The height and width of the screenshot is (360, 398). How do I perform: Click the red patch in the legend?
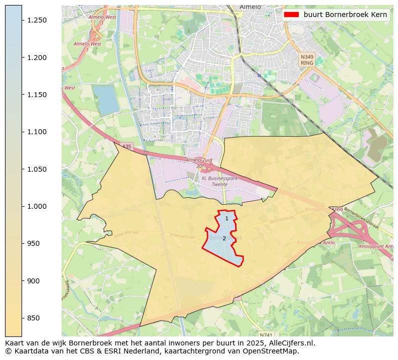(291, 15)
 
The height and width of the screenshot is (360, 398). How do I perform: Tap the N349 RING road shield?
(307, 60)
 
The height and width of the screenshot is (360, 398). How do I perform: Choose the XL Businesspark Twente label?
(217, 181)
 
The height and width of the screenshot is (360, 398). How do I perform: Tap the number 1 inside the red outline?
(227, 218)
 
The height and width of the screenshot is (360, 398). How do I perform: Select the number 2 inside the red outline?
(224, 239)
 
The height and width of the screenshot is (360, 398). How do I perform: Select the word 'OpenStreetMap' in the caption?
(273, 351)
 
